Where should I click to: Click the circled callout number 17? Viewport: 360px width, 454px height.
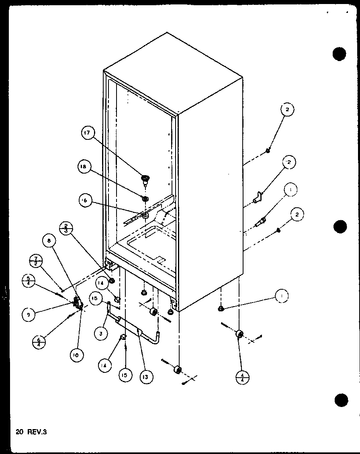(88, 133)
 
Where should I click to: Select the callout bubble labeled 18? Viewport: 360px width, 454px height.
(85, 168)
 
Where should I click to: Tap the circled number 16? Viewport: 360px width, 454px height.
(86, 201)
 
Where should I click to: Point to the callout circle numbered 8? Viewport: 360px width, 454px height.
(49, 241)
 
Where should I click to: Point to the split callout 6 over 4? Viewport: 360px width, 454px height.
(39, 343)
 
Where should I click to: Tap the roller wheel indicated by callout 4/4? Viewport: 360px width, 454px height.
(240, 334)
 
